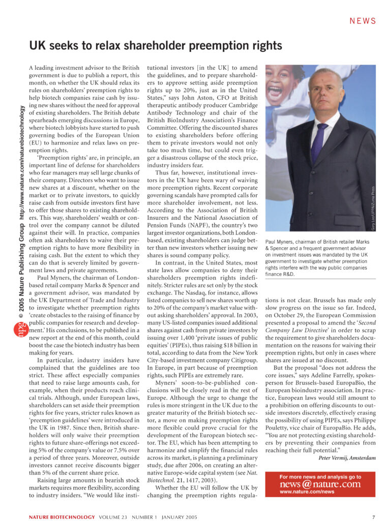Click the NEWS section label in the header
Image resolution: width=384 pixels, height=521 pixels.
pyautogui.click(x=363, y=21)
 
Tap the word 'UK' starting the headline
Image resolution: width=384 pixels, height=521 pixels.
pyautogui.click(x=38, y=45)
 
